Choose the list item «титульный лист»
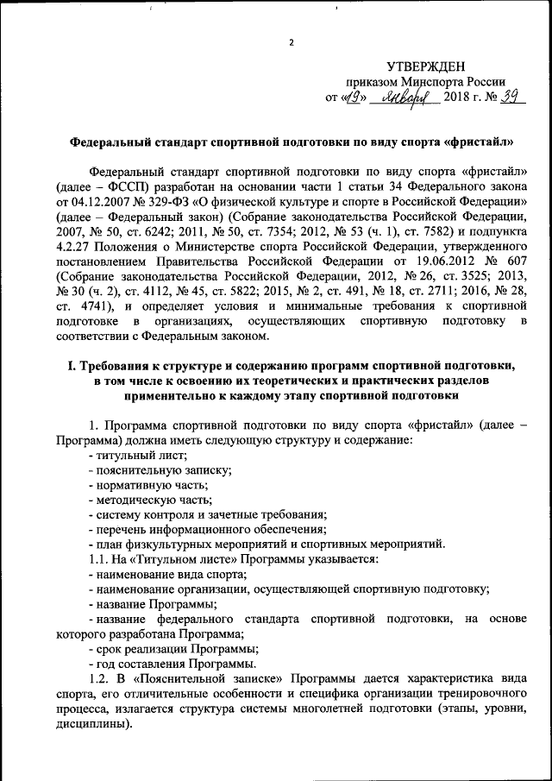139,454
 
